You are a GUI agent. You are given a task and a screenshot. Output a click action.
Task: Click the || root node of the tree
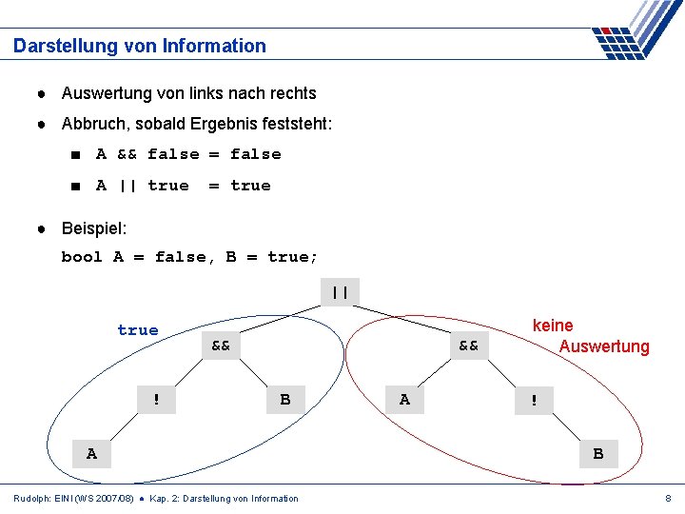click(x=340, y=292)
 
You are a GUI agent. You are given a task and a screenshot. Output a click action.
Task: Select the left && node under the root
click(x=221, y=346)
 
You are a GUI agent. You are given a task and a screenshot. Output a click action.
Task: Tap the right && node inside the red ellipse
click(x=468, y=346)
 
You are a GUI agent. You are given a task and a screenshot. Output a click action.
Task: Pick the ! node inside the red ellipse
click(x=534, y=401)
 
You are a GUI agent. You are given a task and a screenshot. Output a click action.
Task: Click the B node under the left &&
click(x=285, y=400)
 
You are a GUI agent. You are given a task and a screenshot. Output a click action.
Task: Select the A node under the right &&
click(x=404, y=400)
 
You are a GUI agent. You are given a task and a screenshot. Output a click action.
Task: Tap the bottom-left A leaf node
click(x=91, y=454)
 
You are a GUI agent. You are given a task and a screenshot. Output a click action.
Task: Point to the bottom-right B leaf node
click(x=597, y=454)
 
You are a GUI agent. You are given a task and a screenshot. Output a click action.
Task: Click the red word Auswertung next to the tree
click(x=604, y=346)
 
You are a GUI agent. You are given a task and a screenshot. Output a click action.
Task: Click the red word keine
click(x=553, y=326)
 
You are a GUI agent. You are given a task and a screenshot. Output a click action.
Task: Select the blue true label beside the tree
click(x=138, y=330)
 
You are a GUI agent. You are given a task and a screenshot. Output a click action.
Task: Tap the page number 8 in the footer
click(x=669, y=498)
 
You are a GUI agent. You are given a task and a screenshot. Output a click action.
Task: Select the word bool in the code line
click(x=82, y=257)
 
